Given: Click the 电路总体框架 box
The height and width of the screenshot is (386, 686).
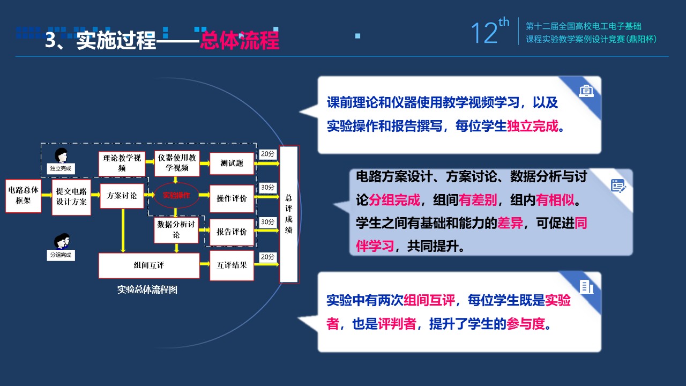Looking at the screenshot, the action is pos(23,196).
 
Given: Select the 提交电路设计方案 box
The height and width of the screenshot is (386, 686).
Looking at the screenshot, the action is pos(71,197).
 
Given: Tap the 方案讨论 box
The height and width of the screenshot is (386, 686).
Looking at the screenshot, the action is pos(122,196).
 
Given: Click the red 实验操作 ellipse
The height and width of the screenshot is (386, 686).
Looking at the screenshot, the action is pos(176,195).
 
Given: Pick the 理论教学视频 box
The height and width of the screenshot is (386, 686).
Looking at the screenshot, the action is pos(122,164).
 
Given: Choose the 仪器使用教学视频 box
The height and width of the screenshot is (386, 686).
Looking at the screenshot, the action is pos(177,163).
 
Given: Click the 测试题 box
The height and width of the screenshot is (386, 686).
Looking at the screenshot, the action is pos(232,164).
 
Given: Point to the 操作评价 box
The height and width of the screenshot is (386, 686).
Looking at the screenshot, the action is pos(232,198).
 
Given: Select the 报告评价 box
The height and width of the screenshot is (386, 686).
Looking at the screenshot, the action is pos(232,232).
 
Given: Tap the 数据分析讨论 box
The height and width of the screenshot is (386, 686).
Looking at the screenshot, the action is pos(176,230).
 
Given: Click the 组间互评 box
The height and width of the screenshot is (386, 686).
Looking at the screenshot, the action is pos(149,265).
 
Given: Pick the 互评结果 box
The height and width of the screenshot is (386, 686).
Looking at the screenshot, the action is pos(232,265).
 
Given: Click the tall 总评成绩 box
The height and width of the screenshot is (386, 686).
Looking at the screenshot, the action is pos(289,214).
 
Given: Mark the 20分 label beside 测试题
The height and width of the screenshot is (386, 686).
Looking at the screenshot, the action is pos(267,154).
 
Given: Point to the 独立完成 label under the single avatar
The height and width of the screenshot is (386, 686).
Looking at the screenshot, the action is pos(61,168).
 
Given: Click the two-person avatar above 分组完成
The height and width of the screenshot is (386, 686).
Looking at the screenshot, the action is pos(62,241).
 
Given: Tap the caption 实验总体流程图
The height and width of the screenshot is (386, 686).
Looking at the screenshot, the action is pos(147,289).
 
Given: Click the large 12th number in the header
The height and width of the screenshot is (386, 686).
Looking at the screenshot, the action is pos(489,31).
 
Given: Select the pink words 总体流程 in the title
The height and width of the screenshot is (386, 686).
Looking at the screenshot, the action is pos(240,40).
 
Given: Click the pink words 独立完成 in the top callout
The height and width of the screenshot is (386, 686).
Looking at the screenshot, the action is pos(533,126).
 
